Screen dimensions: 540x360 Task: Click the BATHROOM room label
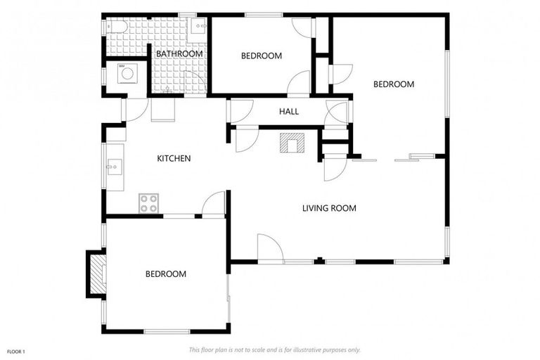pos(179,53)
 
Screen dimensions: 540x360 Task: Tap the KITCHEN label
pos(174,158)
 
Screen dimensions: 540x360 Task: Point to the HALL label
pos(289,112)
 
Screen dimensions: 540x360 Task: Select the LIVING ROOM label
pos(329,208)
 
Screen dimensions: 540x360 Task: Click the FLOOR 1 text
pos(16,352)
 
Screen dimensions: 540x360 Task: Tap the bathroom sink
pos(198,26)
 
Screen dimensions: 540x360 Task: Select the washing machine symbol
pos(127,73)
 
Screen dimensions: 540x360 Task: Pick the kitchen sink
pos(115,167)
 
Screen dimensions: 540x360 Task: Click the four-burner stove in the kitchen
pos(149,203)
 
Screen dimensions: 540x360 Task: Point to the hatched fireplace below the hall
pos(292,143)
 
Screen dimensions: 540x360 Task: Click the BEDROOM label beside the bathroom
pos(262,56)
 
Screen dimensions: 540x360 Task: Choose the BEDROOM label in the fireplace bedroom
pos(166,274)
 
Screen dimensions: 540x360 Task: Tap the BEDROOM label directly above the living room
pos(394,84)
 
